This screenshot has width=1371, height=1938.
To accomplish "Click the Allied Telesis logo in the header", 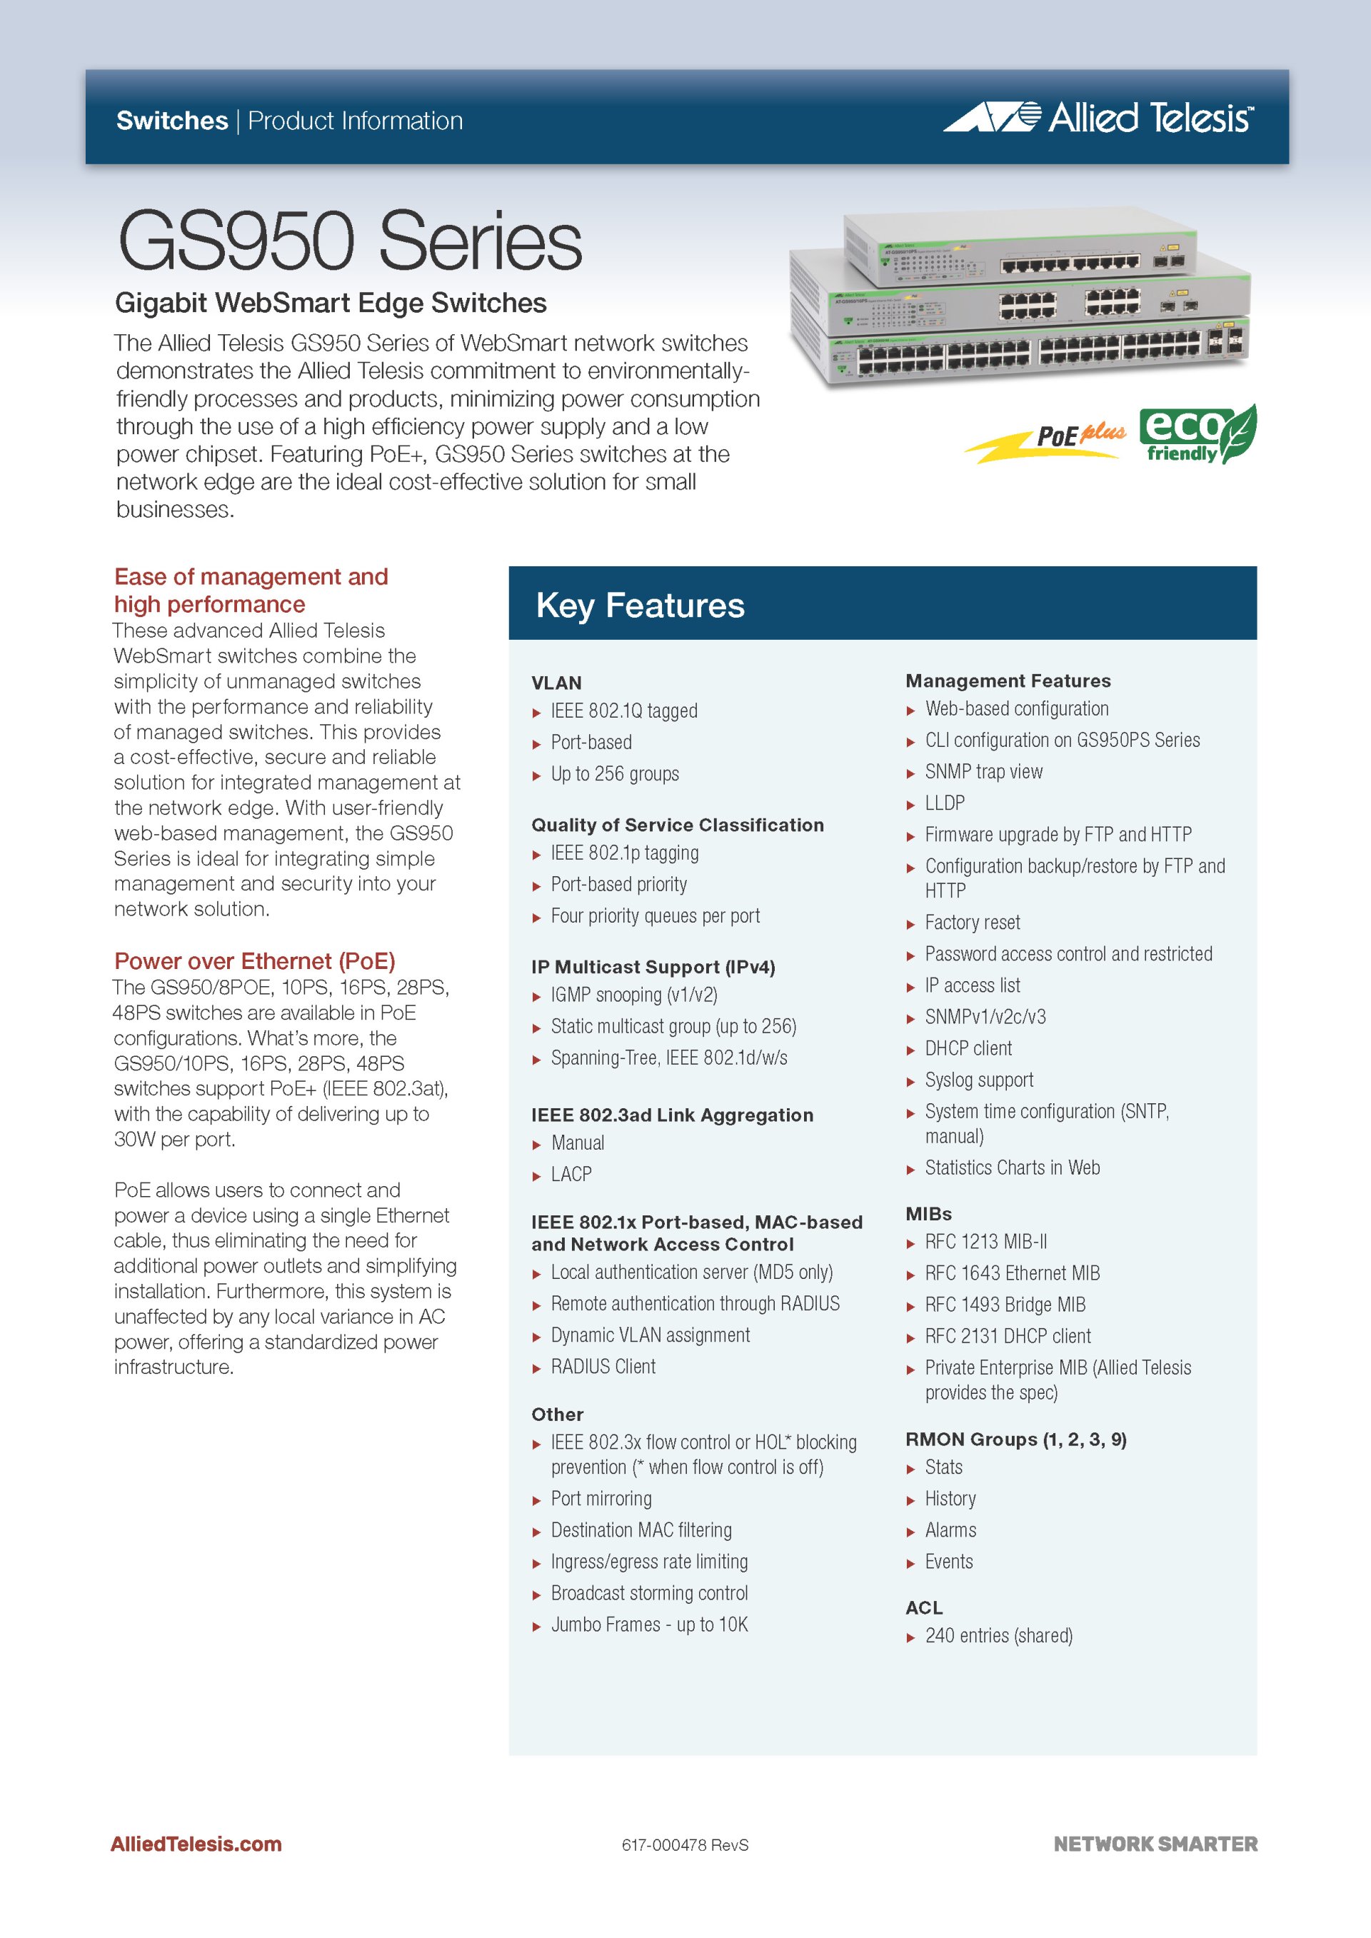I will click(x=1098, y=117).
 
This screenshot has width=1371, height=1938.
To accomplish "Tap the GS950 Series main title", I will click(x=349, y=241).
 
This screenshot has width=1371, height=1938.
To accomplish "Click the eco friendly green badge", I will click(x=1196, y=434).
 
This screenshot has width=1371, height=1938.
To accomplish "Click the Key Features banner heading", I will click(x=640, y=606).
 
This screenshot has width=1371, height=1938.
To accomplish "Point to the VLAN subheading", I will click(x=556, y=683).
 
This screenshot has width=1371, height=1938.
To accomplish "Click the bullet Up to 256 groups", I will click(x=614, y=774).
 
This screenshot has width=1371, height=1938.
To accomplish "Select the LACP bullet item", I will click(x=571, y=1174).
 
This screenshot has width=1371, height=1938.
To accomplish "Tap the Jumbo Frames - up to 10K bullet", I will click(x=648, y=1625).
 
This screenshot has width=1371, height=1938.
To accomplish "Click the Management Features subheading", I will click(x=1008, y=681).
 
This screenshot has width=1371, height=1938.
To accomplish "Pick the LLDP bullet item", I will click(x=944, y=803).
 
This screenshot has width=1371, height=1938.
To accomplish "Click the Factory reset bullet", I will click(x=972, y=923).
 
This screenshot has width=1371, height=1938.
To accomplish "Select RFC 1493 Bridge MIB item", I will click(x=1005, y=1305).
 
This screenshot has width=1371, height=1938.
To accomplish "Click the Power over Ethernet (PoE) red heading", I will click(x=254, y=961).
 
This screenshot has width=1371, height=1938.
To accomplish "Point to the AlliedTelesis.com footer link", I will click(x=196, y=1844).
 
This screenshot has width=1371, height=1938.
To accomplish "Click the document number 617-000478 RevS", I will click(x=685, y=1845).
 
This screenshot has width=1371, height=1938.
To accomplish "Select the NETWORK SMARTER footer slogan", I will click(x=1155, y=1844).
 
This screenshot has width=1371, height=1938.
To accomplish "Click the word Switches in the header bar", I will click(x=172, y=121).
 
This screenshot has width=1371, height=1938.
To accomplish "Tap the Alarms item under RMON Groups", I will click(x=950, y=1530).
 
